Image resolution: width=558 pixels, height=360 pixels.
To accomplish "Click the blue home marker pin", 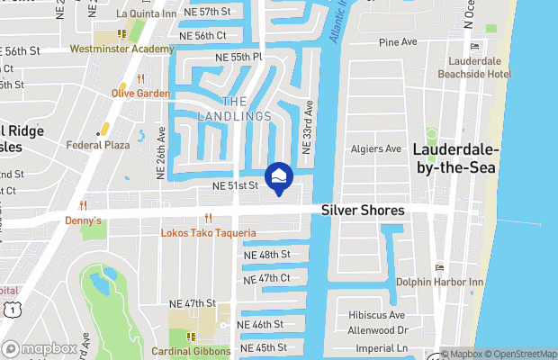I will [x=280, y=177].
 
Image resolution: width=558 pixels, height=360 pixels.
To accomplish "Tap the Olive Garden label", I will [x=140, y=93].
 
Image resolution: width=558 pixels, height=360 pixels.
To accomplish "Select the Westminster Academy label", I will [x=121, y=49].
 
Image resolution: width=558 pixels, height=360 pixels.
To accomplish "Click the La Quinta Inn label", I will [x=147, y=13].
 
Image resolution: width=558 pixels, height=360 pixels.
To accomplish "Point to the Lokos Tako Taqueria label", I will [x=209, y=233].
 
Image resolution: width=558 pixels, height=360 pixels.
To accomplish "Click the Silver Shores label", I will [x=364, y=211].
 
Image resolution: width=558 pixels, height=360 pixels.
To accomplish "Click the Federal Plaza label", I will [x=100, y=144].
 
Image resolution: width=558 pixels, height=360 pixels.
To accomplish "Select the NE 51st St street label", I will [x=235, y=186].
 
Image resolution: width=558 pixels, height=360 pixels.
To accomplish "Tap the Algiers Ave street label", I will [x=380, y=149].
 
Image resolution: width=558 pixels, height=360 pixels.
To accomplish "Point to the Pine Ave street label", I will [x=398, y=42].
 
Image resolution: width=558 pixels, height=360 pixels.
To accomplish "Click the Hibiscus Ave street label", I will [x=378, y=316].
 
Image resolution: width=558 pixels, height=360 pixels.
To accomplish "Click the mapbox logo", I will [x=40, y=348].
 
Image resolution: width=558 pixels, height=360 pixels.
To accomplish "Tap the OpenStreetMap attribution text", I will [x=525, y=354].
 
